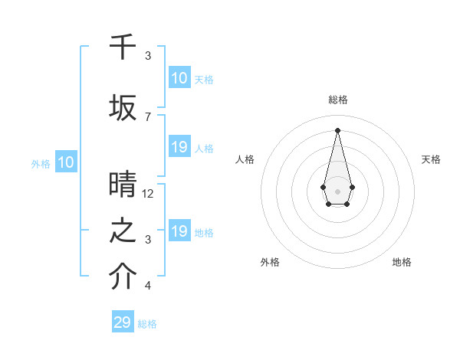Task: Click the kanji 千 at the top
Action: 123,47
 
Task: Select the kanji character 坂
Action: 123,108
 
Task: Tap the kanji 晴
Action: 123,185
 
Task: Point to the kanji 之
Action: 123,231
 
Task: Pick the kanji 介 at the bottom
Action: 123,278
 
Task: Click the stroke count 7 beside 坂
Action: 148,116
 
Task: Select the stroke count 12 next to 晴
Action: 148,193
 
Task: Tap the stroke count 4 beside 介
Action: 148,286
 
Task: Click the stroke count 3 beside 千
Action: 148,56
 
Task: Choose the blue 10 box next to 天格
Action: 179,78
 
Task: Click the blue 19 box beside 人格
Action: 179,147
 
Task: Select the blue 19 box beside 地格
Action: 179,231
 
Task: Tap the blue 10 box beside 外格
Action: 65,162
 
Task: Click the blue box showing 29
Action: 123,322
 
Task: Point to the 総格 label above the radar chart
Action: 338,100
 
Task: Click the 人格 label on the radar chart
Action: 245,159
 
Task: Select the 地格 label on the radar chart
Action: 402,262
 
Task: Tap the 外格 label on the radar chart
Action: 270,262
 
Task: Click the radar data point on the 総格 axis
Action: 337,130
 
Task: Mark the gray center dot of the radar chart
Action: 337,190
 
